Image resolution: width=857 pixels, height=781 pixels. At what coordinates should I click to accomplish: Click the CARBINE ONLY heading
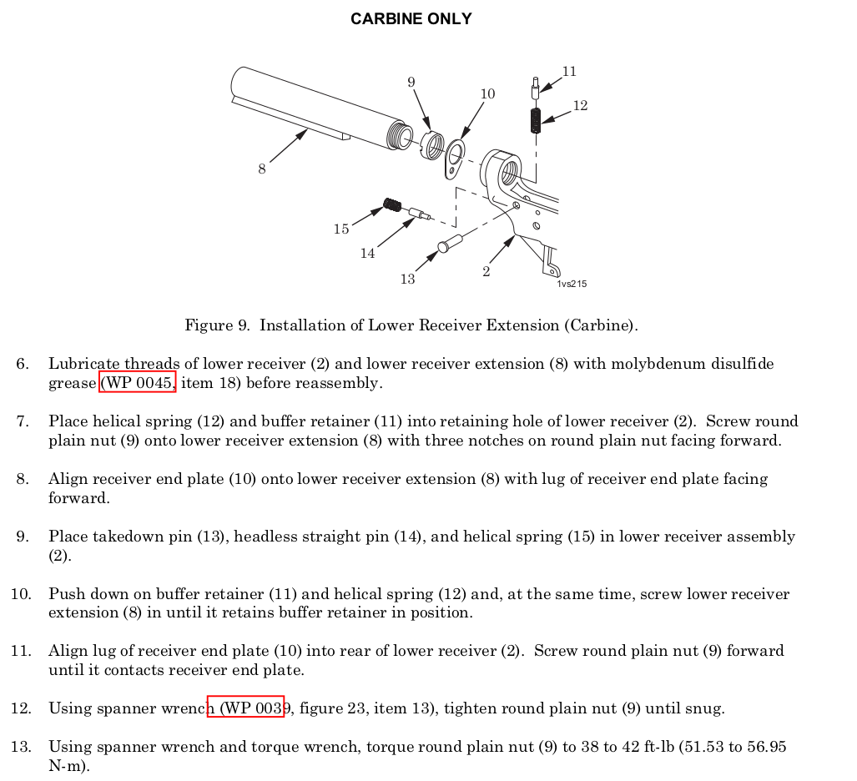pyautogui.click(x=411, y=19)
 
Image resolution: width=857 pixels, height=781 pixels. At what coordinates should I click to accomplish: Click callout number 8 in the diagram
pyautogui.click(x=262, y=169)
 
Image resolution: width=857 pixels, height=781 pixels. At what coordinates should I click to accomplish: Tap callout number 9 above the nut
pyautogui.click(x=411, y=82)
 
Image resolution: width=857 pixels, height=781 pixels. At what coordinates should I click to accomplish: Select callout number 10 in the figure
pyautogui.click(x=487, y=94)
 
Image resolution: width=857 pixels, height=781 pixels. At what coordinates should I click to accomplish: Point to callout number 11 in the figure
pyautogui.click(x=569, y=72)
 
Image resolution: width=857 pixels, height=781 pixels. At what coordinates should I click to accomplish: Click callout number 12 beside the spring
pyautogui.click(x=580, y=106)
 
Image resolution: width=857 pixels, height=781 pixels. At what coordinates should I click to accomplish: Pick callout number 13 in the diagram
pyautogui.click(x=407, y=280)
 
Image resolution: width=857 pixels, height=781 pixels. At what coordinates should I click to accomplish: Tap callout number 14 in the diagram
pyautogui.click(x=367, y=254)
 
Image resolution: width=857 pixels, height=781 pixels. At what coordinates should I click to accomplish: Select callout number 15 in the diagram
pyautogui.click(x=340, y=229)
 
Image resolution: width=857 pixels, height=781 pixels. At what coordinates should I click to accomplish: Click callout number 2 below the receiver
pyautogui.click(x=486, y=272)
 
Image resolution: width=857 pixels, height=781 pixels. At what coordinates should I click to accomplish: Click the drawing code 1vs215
pyautogui.click(x=572, y=284)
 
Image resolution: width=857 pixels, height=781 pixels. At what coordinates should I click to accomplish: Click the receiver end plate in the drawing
pyautogui.click(x=455, y=159)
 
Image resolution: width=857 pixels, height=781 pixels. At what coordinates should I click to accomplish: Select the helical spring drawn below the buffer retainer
pyautogui.click(x=536, y=121)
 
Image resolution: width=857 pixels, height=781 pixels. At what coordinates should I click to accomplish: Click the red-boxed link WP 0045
pyautogui.click(x=138, y=383)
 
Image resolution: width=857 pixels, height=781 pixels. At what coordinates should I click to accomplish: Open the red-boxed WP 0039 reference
pyautogui.click(x=246, y=708)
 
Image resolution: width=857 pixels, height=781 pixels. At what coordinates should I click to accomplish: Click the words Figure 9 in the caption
pyautogui.click(x=216, y=325)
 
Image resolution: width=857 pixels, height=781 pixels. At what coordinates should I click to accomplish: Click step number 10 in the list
pyautogui.click(x=21, y=594)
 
